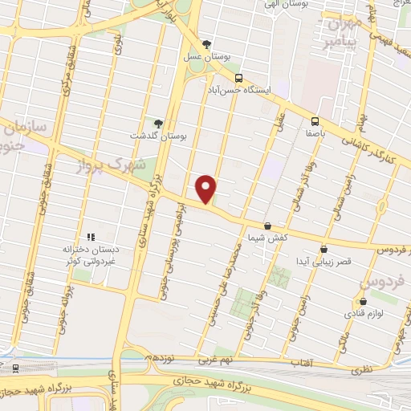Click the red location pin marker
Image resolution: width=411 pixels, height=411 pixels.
tap(206, 188)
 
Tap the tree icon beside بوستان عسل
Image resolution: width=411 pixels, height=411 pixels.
tap(208, 44)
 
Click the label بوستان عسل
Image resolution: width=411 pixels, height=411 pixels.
tap(208, 57)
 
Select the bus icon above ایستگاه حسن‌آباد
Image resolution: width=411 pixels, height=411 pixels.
tap(240, 77)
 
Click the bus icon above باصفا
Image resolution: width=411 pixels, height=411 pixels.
tap(314, 124)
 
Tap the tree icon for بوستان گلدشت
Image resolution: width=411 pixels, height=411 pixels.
tap(159, 124)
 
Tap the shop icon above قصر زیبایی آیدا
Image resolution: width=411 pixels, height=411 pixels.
tap(324, 249)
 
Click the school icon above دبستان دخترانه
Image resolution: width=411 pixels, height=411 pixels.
tap(91, 237)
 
